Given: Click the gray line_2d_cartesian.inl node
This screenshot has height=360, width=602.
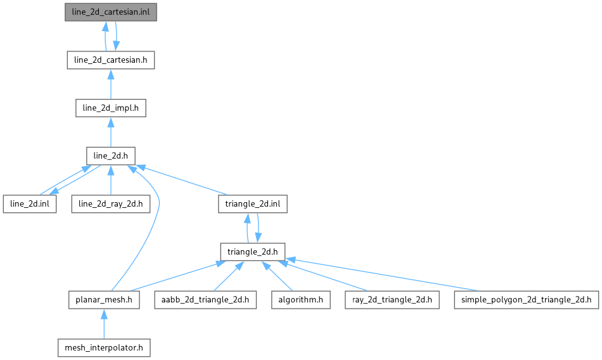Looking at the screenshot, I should pyautogui.click(x=110, y=13).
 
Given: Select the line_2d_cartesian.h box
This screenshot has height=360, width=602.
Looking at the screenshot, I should pyautogui.click(x=110, y=60).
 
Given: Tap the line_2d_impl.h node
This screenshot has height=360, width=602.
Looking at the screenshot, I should pyautogui.click(x=110, y=108).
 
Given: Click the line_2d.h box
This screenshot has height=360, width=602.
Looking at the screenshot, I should pyautogui.click(x=110, y=156).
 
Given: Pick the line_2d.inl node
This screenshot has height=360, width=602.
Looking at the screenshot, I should pyautogui.click(x=29, y=203).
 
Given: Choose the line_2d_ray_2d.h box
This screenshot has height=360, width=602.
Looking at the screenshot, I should pyautogui.click(x=110, y=203).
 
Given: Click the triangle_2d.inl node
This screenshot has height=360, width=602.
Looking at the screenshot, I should pyautogui.click(x=253, y=203).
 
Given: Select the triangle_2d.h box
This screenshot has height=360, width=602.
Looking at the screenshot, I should pyautogui.click(x=253, y=252).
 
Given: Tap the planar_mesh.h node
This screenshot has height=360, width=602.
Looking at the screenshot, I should pyautogui.click(x=104, y=299).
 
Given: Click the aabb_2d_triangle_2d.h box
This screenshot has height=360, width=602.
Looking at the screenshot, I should pyautogui.click(x=205, y=299).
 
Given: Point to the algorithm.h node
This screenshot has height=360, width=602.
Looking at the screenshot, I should pyautogui.click(x=301, y=299).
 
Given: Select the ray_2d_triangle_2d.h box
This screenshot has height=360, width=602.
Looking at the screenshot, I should pyautogui.click(x=388, y=299).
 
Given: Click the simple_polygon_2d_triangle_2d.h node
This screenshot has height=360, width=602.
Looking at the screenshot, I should pyautogui.click(x=526, y=299).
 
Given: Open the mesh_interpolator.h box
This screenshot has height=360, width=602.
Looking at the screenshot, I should pyautogui.click(x=104, y=347).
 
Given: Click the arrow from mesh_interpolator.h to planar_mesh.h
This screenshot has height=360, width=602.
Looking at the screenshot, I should pyautogui.click(x=104, y=323).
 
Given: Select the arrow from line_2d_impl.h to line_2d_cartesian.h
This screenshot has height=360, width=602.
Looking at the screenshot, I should pyautogui.click(x=110, y=84).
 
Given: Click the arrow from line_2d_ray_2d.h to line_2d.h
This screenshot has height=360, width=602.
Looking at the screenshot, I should pyautogui.click(x=110, y=180).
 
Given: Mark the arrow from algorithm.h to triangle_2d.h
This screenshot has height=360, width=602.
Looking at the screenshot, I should pyautogui.click(x=278, y=276).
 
